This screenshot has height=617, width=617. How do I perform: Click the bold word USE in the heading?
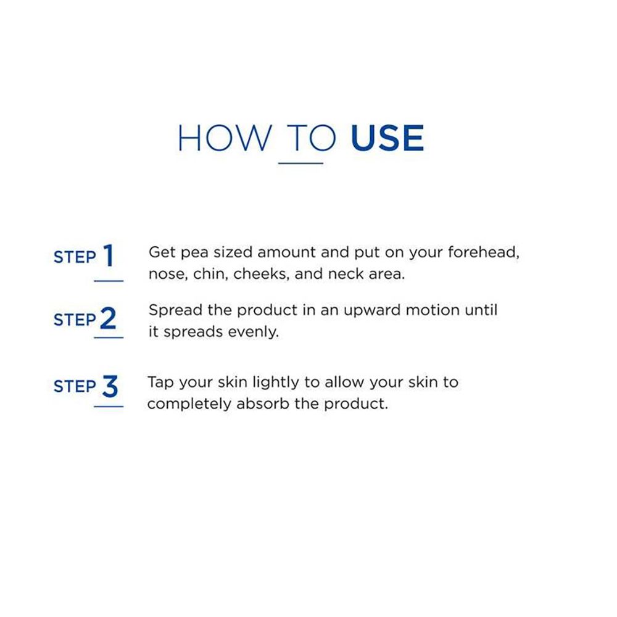tap(387, 138)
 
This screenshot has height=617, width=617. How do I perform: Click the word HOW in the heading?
tap(225, 138)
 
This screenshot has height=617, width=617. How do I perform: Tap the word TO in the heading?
tap(311, 138)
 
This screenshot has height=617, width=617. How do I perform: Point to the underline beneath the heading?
tap(300, 163)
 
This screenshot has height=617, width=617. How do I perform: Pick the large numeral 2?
tap(108, 318)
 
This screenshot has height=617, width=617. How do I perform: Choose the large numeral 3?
tap(110, 386)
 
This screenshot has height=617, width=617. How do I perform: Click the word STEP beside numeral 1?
tap(75, 257)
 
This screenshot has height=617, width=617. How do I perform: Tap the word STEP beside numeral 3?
tap(75, 386)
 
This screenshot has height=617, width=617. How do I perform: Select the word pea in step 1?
tap(194, 253)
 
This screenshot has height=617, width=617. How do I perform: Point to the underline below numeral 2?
tap(109, 337)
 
